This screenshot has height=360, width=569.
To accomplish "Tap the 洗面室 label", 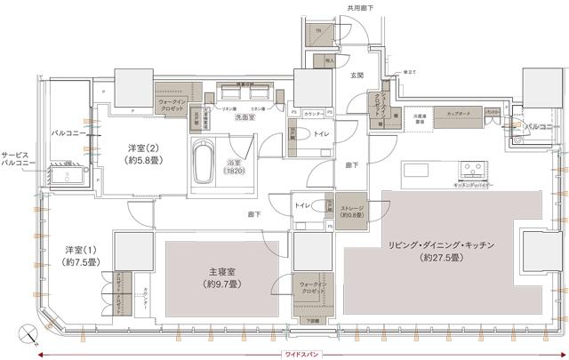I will tap(233, 117).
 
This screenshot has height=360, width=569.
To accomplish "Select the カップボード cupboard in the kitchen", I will tap(461, 115).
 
